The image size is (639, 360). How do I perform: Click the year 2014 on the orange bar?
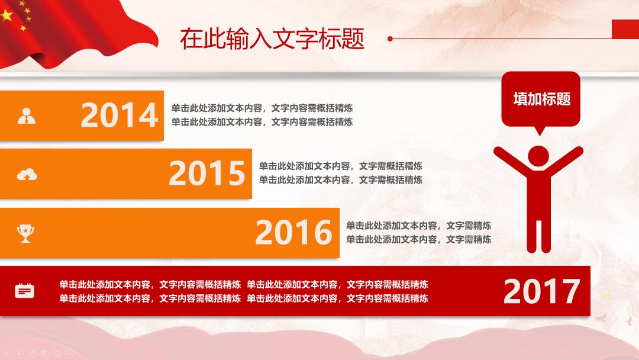(x=120, y=115)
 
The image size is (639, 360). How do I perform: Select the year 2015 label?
(x=207, y=173)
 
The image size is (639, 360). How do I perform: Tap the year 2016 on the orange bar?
(x=294, y=232)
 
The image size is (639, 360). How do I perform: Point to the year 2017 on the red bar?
(x=541, y=291)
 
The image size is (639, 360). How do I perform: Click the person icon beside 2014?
(x=27, y=116)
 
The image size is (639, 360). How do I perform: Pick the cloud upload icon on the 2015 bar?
(x=27, y=174)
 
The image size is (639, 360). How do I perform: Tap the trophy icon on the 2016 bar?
(x=25, y=233)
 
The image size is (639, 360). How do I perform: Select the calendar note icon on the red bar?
(x=24, y=291)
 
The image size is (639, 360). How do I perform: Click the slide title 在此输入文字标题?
(x=272, y=39)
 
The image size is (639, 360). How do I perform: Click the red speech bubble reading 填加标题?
(x=541, y=99)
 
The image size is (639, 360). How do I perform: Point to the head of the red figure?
(x=538, y=156)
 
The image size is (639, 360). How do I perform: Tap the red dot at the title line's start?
(x=390, y=38)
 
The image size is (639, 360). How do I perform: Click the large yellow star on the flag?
(x=7, y=15)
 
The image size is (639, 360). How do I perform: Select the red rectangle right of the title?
(x=625, y=29)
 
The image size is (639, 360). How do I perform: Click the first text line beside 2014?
(x=262, y=108)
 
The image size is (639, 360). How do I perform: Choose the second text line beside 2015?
(x=341, y=180)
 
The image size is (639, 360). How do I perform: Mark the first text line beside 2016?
(x=419, y=226)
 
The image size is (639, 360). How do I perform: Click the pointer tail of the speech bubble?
(x=540, y=130)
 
